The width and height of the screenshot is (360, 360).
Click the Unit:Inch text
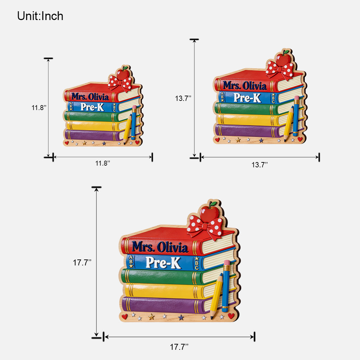[40, 16]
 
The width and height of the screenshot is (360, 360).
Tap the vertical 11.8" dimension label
[39, 108]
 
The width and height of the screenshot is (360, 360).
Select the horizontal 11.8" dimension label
[103, 163]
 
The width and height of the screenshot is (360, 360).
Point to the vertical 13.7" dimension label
[183, 98]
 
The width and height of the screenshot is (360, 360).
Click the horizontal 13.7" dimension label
[259, 165]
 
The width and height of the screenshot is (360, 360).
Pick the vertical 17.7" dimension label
[82, 262]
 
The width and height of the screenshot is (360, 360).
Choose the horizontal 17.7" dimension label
[179, 347]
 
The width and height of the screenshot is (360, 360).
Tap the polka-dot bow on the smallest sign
[120, 83]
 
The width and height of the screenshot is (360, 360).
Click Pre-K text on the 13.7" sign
[247, 98]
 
